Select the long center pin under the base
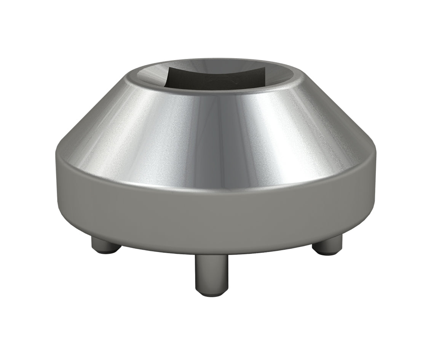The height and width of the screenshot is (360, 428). click(x=211, y=274)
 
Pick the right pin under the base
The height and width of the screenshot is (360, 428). click(x=327, y=246)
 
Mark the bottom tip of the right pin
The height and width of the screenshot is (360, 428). click(x=326, y=252)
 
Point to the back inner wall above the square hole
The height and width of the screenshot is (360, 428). click(x=213, y=64)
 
